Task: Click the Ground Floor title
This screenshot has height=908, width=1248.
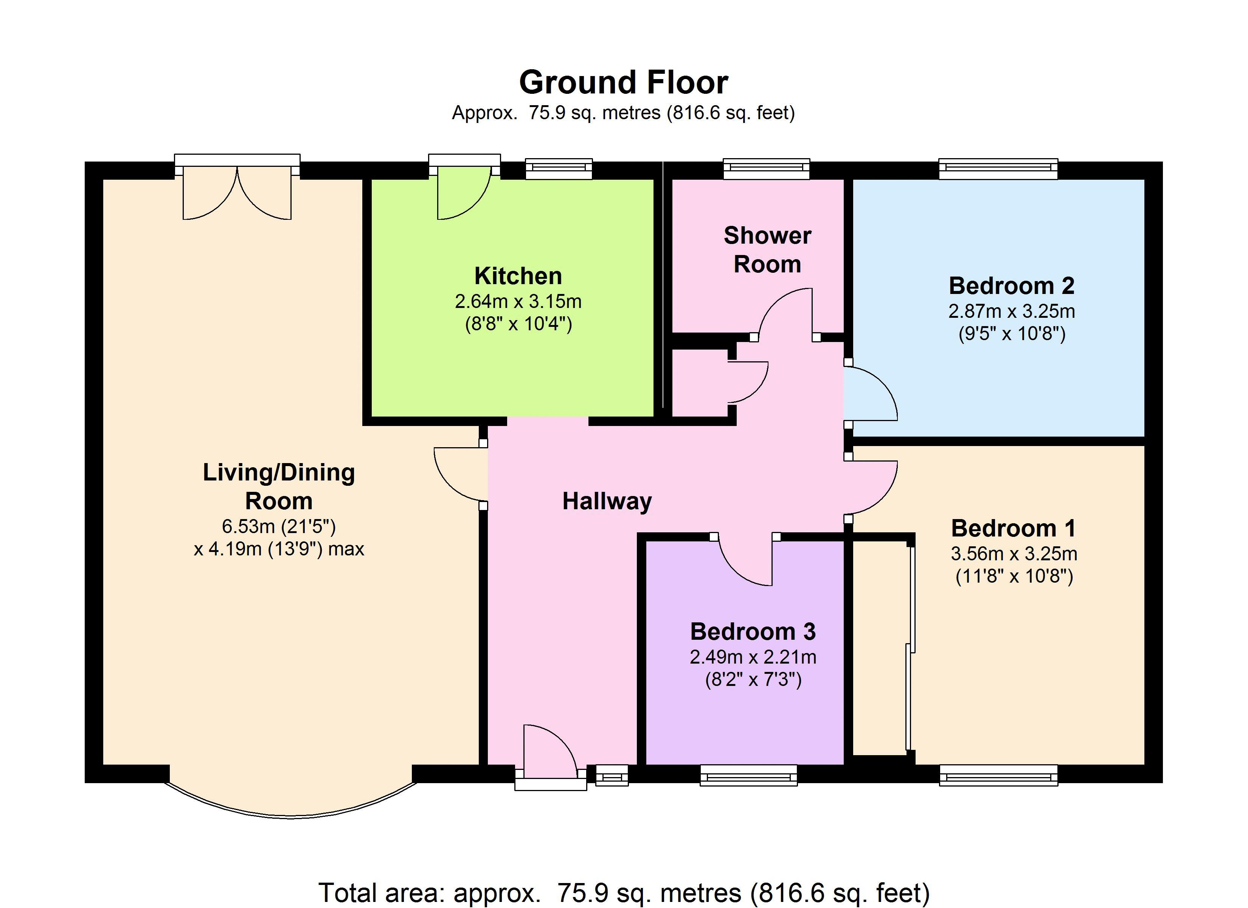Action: (x=624, y=82)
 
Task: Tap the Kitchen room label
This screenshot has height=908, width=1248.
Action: (x=518, y=276)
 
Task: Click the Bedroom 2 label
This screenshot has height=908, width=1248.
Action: (x=1011, y=286)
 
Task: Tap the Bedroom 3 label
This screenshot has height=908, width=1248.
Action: (x=753, y=631)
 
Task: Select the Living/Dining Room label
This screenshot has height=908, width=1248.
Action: (x=279, y=487)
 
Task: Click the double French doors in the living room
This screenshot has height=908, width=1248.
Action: (x=237, y=187)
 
